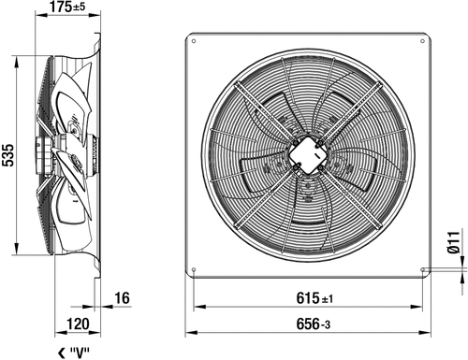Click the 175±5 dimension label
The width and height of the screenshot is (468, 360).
(x=67, y=7)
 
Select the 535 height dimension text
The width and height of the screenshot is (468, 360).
(x=8, y=155)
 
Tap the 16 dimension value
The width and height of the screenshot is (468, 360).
(x=122, y=298)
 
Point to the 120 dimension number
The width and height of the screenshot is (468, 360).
(x=78, y=324)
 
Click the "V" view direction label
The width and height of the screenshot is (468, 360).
(x=80, y=353)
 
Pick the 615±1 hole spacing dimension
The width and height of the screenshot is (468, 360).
(x=314, y=298)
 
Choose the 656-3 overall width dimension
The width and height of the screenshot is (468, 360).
(x=313, y=324)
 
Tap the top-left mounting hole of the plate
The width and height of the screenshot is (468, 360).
(x=194, y=41)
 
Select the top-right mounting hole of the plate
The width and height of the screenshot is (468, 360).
(x=422, y=41)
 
